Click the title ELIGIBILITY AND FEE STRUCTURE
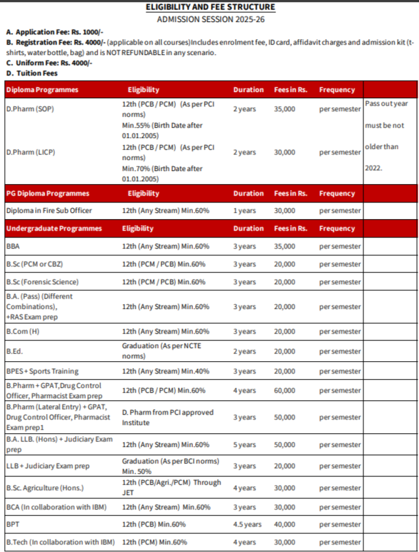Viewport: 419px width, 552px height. point(210,7)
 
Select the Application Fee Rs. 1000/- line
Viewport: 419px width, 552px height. point(54,32)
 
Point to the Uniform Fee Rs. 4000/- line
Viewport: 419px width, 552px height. point(49,63)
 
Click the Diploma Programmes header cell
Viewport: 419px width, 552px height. point(42,90)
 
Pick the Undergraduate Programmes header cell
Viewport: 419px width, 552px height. point(54,229)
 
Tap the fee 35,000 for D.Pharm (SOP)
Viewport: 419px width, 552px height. point(284,110)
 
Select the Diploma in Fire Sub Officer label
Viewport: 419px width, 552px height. point(49,211)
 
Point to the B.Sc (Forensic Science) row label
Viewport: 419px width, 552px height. point(42,282)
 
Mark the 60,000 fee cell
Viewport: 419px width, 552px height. point(284,391)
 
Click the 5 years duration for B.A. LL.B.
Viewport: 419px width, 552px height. point(244,445)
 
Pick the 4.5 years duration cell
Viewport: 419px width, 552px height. point(247,525)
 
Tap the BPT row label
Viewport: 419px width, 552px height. point(12,525)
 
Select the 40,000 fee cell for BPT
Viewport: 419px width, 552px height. point(284,525)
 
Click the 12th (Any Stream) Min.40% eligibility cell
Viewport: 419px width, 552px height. point(165,371)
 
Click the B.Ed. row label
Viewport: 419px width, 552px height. point(14,352)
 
